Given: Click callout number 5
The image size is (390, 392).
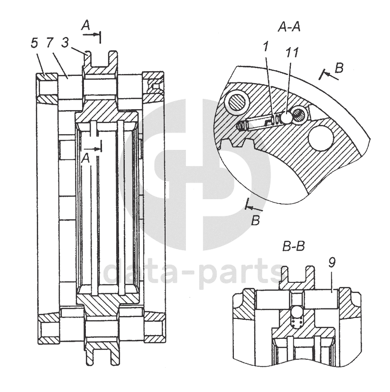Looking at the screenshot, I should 34,43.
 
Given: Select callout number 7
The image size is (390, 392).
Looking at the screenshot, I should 49,43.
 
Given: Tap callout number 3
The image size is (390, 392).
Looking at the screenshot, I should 65,43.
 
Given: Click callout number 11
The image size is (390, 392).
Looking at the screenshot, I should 292,52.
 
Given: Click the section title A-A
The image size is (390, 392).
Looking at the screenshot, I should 289,27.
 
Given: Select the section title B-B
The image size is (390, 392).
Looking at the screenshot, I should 294,247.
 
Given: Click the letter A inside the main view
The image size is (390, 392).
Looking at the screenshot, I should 85,160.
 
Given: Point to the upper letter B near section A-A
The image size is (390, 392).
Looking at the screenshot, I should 339,68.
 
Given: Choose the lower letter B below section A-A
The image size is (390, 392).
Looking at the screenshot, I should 255,221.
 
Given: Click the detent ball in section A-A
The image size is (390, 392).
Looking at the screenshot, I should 287,116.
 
